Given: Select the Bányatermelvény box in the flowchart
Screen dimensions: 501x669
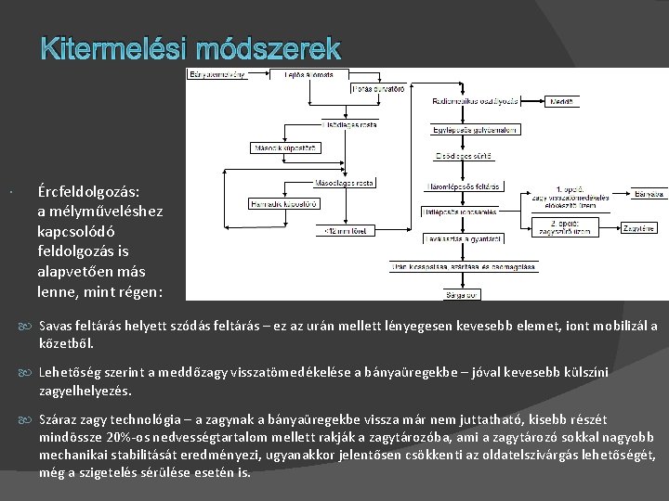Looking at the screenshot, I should tap(218, 75).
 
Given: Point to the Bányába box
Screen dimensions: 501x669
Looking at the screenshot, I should tap(649, 195).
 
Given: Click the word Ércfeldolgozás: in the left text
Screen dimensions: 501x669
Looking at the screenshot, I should tap(89, 192).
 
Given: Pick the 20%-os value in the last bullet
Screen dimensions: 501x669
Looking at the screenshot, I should tap(136, 436).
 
